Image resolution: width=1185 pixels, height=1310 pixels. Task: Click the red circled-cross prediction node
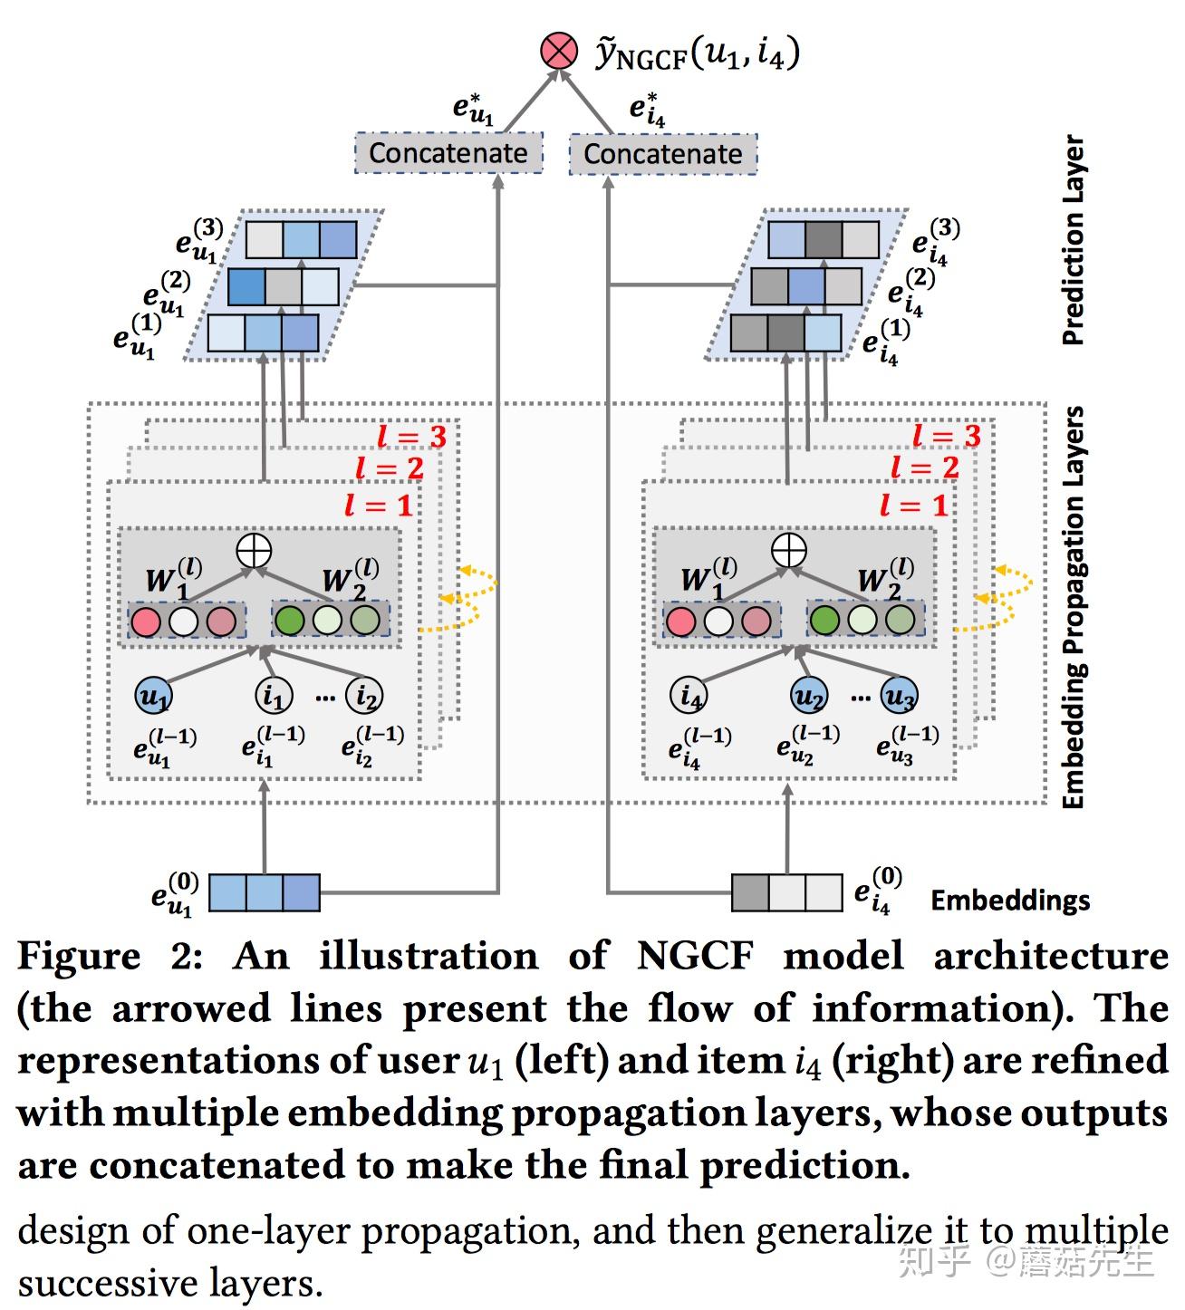point(559,51)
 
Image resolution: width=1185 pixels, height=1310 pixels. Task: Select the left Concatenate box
point(448,153)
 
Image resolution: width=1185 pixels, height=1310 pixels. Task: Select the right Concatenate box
point(663,154)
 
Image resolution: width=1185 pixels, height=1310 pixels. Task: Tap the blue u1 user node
point(153,696)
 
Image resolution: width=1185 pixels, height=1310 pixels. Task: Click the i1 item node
point(274,696)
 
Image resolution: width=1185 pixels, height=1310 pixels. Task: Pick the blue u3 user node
point(899,696)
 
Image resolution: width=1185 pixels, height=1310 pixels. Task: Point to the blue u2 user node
point(809,696)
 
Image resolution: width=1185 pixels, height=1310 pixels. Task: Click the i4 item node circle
point(689,696)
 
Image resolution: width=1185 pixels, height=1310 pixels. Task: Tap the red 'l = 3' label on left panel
point(411,437)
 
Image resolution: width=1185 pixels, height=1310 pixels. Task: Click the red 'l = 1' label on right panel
point(914,506)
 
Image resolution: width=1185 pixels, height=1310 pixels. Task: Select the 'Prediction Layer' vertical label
point(1073,240)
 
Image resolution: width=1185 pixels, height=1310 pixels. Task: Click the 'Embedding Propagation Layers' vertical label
point(1074,607)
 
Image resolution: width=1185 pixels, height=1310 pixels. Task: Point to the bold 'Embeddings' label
point(1010,900)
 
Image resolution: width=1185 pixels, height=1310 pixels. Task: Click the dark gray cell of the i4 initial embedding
point(750,892)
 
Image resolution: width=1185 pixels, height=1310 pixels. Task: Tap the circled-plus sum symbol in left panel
point(254,551)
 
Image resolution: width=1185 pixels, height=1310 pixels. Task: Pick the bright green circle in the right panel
point(824,620)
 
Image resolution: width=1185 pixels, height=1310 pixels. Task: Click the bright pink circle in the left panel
point(146,621)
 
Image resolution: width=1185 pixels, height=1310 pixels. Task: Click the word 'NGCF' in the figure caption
point(695,957)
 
